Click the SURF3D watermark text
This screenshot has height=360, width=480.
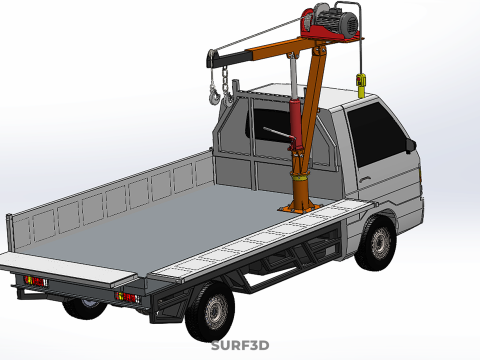click(240, 345)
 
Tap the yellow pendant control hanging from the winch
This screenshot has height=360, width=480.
click(361, 85)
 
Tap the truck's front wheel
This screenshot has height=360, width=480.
click(377, 242)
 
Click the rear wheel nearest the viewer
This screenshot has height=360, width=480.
click(211, 311)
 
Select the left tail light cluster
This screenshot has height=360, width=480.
click(35, 281)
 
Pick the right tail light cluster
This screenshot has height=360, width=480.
click(128, 297)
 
